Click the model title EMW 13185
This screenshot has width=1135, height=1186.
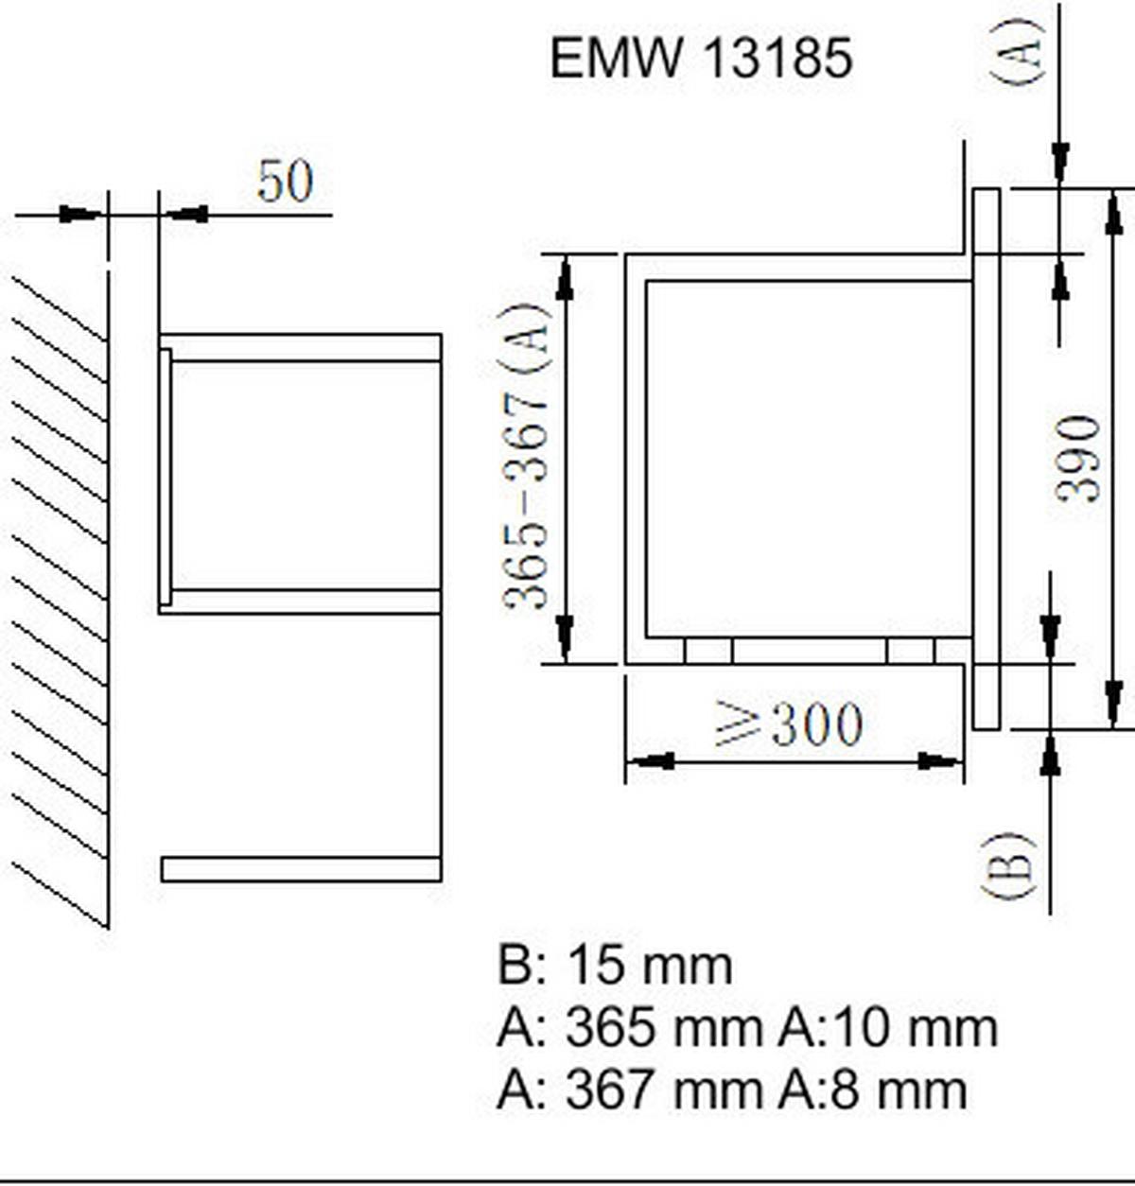pyautogui.click(x=701, y=58)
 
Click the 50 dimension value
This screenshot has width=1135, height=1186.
pyautogui.click(x=284, y=181)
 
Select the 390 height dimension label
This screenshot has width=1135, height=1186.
pyautogui.click(x=1079, y=459)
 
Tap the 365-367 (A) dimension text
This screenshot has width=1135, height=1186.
pyautogui.click(x=526, y=457)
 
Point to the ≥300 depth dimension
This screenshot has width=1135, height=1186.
pyautogui.click(x=789, y=725)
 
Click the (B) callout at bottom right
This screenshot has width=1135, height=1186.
pyautogui.click(x=1009, y=865)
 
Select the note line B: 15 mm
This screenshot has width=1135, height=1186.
pyautogui.click(x=615, y=966)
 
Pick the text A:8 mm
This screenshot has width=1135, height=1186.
pyautogui.click(x=872, y=1090)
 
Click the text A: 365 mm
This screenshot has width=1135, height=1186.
pyautogui.click(x=630, y=1028)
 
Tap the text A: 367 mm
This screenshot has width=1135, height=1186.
pyautogui.click(x=630, y=1090)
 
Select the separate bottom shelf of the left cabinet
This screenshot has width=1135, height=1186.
pyautogui.click(x=301, y=869)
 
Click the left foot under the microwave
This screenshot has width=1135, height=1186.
pyautogui.click(x=708, y=651)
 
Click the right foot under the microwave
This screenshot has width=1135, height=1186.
pyautogui.click(x=911, y=651)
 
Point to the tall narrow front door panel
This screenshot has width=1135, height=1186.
pyautogui.click(x=987, y=459)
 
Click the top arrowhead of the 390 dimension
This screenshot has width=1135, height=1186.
pyautogui.click(x=1114, y=212)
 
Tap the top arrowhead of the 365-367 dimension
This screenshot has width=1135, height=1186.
pyautogui.click(x=566, y=278)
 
